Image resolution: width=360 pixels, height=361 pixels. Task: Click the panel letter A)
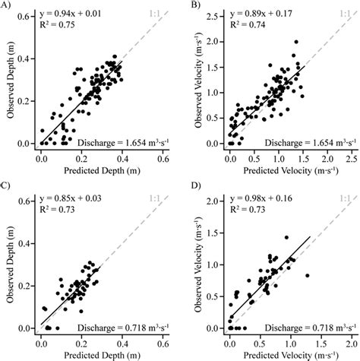5,6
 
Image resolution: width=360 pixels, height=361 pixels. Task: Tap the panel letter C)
5,185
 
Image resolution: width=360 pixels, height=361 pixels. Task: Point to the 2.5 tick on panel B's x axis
352,154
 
